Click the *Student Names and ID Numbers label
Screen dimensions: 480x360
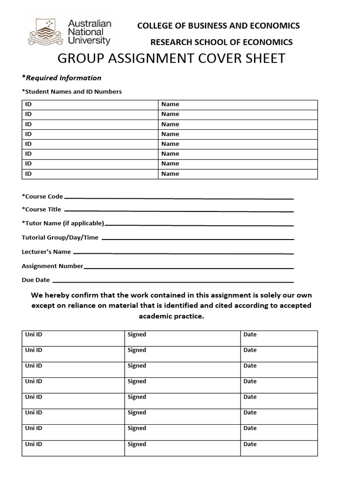coord(72,92)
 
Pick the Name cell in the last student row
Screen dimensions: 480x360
coord(238,174)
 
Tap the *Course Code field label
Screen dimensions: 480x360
coord(42,196)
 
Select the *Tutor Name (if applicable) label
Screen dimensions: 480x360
coord(63,224)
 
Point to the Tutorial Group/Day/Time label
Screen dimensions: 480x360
coord(60,238)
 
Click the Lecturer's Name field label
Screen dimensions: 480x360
coord(46,252)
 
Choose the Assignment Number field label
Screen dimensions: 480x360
coord(52,266)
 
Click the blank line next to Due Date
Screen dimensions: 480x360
coord(173,282)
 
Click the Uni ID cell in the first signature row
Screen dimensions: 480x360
coord(73,338)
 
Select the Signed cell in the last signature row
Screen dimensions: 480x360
coord(182,448)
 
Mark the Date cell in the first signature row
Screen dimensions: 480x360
coord(279,338)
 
